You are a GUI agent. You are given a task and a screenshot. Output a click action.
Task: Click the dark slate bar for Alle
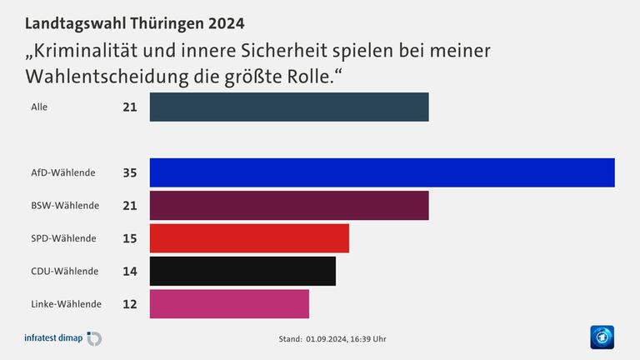(x=289, y=107)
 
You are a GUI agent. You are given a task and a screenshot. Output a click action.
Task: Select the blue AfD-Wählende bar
(x=382, y=172)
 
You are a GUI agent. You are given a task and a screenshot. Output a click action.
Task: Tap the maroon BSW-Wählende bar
(x=289, y=205)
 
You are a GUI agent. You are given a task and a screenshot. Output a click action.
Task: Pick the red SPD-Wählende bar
(x=249, y=238)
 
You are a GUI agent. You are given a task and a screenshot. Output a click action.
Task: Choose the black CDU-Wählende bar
(x=242, y=271)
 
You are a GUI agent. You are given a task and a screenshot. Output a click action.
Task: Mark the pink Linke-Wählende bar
(x=229, y=304)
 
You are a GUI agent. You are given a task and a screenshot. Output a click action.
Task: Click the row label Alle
(x=39, y=107)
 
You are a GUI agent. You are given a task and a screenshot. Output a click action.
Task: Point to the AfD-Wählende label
(x=62, y=172)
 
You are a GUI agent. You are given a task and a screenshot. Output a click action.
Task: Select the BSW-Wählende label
(x=65, y=205)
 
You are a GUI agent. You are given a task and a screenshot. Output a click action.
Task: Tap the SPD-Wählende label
(x=63, y=238)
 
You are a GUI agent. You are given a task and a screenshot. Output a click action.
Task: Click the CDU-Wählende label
(x=64, y=271)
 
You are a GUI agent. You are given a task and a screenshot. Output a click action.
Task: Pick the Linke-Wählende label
(x=66, y=304)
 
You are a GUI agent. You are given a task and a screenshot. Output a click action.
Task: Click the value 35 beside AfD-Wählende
(x=129, y=172)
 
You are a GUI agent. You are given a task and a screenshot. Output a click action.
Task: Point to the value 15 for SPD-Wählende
(x=129, y=238)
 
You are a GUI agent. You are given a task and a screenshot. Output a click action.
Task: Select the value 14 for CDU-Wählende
(x=129, y=271)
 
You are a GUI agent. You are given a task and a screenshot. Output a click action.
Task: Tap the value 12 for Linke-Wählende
(x=129, y=304)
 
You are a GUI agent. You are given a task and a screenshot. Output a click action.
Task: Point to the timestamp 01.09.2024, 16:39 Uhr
(x=345, y=339)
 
